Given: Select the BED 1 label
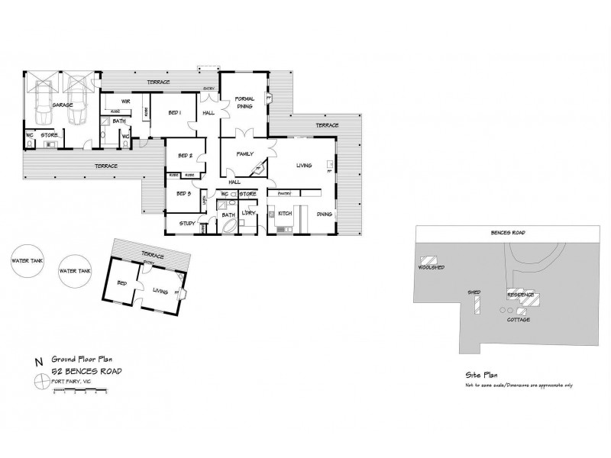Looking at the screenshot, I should coord(175,113).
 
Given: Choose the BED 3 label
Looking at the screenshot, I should coord(183,193).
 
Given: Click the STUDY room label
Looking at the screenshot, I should coord(187,224).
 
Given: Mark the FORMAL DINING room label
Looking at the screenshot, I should coord(244,103).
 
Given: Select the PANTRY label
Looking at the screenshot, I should coord(286,193).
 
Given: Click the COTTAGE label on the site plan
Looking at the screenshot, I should coord(518,320).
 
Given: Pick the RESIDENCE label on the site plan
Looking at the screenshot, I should coord(522,294).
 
